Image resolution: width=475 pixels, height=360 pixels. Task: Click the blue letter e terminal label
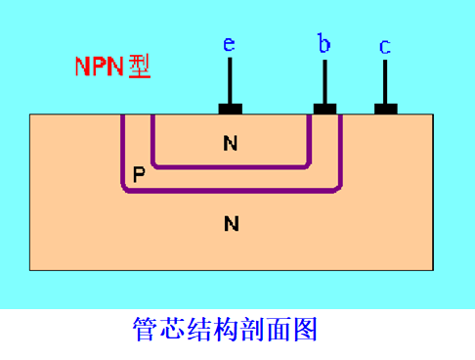pyautogui.click(x=229, y=44)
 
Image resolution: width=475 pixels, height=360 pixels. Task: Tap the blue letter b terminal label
pyautogui.click(x=324, y=43)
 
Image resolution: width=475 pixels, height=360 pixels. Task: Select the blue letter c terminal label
pyautogui.click(x=385, y=47)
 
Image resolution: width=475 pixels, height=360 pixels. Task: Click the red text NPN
pyautogui.click(x=100, y=67)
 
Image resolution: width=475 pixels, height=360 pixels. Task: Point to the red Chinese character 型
pyautogui.click(x=140, y=67)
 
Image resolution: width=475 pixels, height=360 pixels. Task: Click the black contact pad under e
pyautogui.click(x=231, y=109)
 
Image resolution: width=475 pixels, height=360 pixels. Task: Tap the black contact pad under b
pyautogui.click(x=324, y=109)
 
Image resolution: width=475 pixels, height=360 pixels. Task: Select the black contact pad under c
pyautogui.click(x=386, y=109)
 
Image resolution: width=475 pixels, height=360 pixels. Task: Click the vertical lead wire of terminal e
pyautogui.click(x=230, y=80)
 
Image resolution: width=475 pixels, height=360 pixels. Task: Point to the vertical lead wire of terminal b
pyautogui.click(x=324, y=81)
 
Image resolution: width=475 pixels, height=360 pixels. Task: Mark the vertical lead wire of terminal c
pyautogui.click(x=385, y=81)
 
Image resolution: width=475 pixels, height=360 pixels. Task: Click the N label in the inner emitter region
pyautogui.click(x=231, y=143)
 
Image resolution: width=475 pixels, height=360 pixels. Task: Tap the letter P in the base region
pyautogui.click(x=139, y=174)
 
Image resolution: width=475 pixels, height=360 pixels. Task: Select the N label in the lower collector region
pyautogui.click(x=232, y=224)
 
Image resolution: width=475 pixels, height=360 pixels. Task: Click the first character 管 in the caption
pyautogui.click(x=144, y=329)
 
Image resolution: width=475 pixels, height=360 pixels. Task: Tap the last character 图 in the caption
pyautogui.click(x=306, y=330)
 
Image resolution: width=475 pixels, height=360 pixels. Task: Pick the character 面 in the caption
pyautogui.click(x=279, y=330)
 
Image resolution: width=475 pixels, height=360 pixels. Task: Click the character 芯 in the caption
pyautogui.click(x=171, y=329)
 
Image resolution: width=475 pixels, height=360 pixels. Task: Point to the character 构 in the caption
pyautogui.click(x=225, y=329)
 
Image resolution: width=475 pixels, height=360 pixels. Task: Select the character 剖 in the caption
pyautogui.click(x=251, y=329)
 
